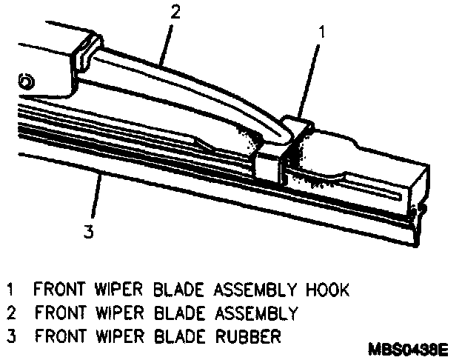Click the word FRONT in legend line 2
(58, 312)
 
